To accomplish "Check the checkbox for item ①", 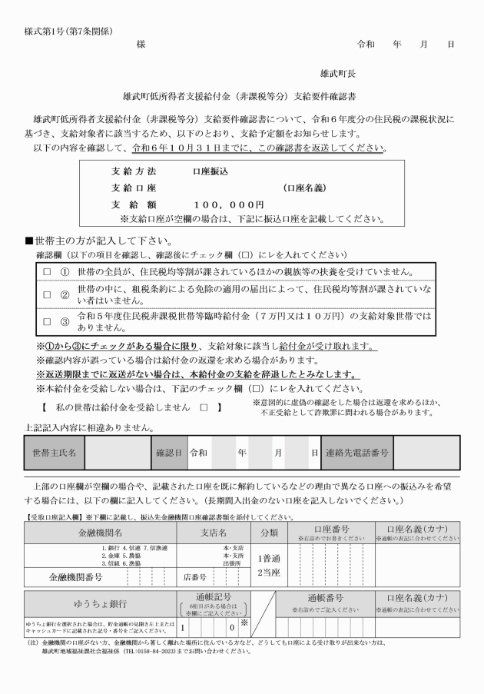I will [46, 272].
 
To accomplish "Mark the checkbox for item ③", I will [46, 320].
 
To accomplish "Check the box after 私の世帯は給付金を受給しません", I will [204, 407].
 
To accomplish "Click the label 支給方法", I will [133, 171].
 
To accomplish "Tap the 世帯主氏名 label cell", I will [54, 453].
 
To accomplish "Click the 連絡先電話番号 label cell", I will [357, 453].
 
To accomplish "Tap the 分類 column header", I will [270, 533].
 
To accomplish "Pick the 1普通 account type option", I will [270, 559].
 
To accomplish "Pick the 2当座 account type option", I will [270, 573].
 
